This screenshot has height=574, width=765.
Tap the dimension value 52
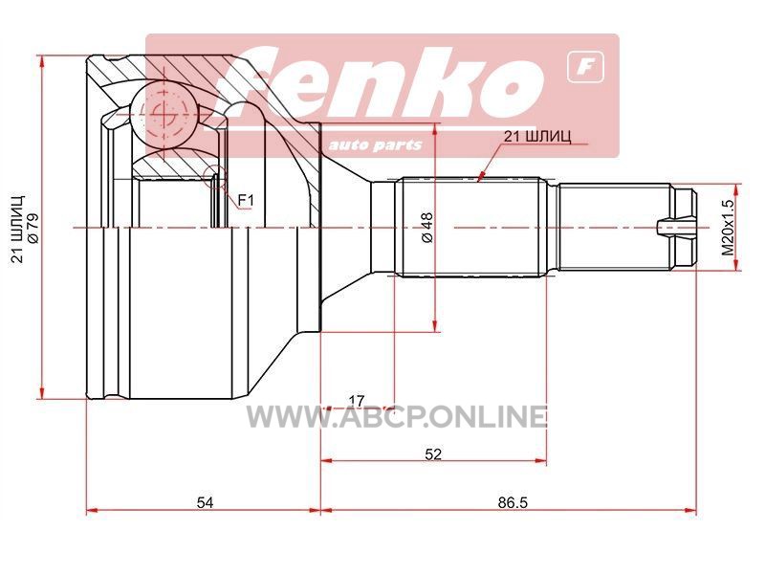(433, 453)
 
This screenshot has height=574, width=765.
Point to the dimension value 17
(357, 401)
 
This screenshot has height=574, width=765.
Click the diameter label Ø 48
(426, 228)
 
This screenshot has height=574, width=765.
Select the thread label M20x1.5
(728, 228)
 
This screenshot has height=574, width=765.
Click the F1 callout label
(246, 199)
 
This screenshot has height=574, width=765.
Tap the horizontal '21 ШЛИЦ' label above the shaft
(537, 136)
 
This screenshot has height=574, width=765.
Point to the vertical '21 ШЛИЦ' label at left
(18, 229)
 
